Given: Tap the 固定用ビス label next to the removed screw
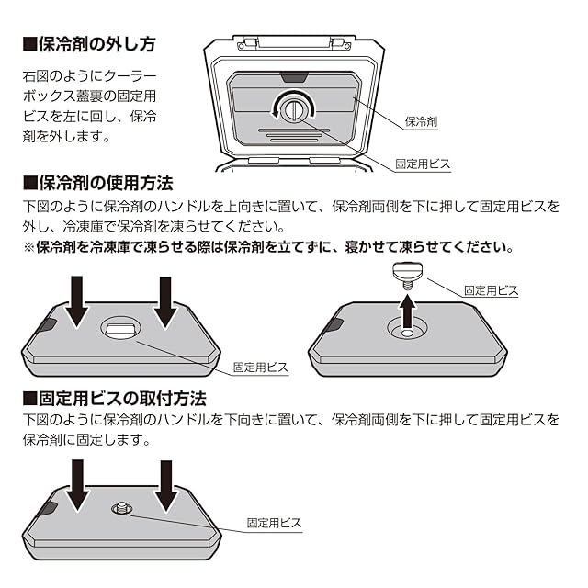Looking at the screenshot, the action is pos(492,290).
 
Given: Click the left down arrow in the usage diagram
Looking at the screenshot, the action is pos(77,301).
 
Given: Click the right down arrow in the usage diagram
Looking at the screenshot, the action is pos(165,301).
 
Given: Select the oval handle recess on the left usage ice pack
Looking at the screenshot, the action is pos(120,329).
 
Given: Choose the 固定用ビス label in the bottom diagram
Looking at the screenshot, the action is pos(274,523).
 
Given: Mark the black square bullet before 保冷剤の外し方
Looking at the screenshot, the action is pos(28,43).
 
